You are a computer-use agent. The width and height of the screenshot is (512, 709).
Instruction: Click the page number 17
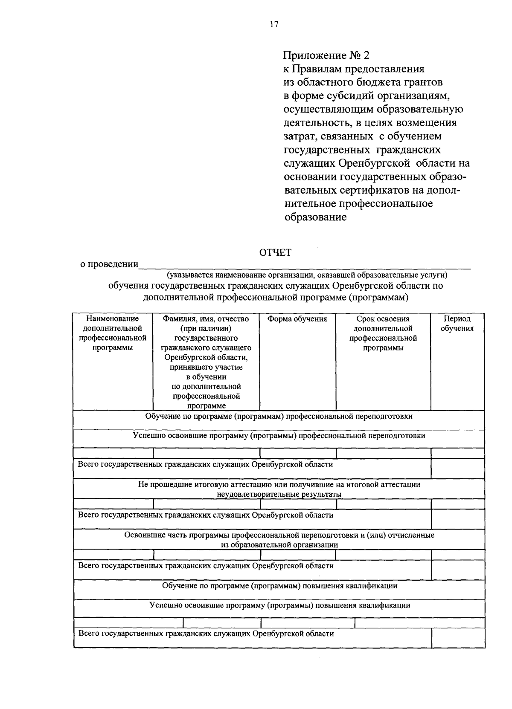[274, 24]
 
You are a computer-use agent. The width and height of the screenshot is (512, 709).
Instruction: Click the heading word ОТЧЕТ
[275, 253]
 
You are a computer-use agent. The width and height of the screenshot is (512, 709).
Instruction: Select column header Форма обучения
[297, 319]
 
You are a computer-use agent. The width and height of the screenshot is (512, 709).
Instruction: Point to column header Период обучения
[457, 324]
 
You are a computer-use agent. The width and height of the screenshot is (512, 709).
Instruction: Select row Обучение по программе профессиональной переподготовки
[279, 416]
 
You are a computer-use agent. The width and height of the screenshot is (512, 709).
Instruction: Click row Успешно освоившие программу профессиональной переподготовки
[279, 436]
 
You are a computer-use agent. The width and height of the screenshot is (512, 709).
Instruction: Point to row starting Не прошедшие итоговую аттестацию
[279, 485]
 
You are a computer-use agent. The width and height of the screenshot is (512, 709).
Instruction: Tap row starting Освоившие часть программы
[279, 535]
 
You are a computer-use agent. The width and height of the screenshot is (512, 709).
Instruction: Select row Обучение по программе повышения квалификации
[279, 586]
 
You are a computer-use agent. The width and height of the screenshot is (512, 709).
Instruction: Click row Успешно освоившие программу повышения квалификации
[280, 605]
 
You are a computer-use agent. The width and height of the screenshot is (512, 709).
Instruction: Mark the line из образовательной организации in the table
[279, 545]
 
